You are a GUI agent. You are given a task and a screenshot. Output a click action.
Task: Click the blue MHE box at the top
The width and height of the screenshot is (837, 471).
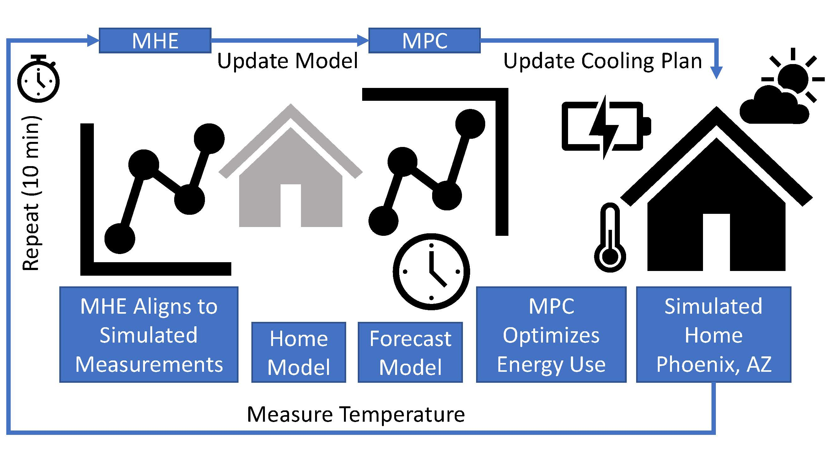155,40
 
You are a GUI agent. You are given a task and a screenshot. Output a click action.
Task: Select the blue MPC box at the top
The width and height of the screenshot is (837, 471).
424,40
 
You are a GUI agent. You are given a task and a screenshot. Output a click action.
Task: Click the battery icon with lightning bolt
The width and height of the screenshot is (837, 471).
606,127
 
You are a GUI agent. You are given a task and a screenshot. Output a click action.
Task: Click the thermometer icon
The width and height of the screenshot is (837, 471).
610,238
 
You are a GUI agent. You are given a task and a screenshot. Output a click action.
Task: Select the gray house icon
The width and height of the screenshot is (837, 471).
291,165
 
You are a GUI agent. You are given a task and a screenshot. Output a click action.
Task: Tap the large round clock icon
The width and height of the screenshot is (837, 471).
431,271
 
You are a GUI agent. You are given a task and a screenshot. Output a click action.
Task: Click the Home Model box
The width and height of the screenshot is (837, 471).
298,352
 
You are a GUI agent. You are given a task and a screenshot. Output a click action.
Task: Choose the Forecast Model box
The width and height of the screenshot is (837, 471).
410,352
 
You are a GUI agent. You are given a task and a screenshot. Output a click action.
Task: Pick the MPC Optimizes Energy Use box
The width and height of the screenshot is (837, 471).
551,334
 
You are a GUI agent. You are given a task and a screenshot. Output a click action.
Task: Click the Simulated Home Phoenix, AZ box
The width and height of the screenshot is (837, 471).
714,334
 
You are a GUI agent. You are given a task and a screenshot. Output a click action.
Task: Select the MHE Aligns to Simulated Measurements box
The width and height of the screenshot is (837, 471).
149,334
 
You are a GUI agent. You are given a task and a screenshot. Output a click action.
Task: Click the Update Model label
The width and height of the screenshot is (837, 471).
287,61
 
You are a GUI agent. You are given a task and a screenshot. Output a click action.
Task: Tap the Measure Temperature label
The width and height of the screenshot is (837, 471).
356,414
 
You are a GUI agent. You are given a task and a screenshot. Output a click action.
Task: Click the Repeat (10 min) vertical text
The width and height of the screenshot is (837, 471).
31,193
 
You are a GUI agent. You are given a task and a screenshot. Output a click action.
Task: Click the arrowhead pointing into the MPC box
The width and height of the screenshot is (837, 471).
362,40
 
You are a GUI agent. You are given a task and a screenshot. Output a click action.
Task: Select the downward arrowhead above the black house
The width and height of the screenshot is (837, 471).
716,73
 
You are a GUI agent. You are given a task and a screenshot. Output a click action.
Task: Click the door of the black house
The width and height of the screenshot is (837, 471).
716,242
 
